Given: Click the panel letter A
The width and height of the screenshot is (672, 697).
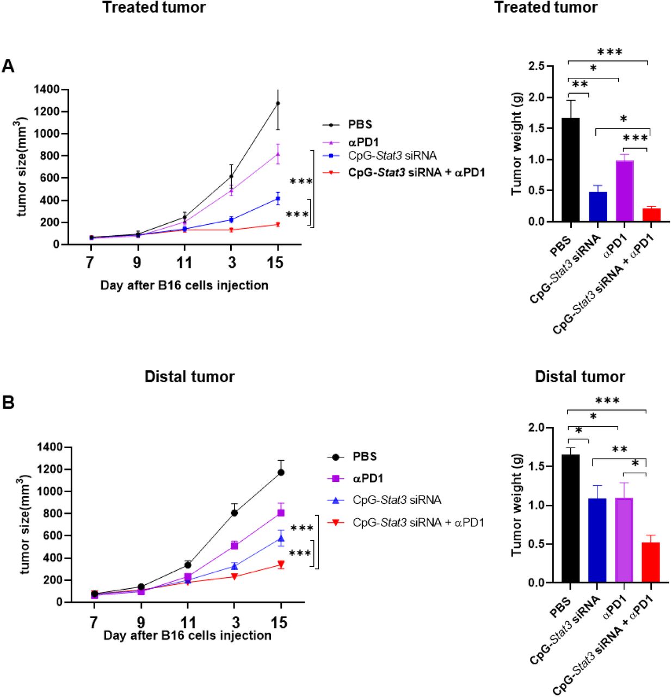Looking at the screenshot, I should click(x=8, y=66).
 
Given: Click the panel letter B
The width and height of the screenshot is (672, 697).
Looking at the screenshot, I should click(x=8, y=402).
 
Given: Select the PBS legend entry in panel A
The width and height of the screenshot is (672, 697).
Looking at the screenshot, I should click(x=360, y=125).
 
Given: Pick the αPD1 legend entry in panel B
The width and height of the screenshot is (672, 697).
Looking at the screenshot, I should click(x=368, y=478).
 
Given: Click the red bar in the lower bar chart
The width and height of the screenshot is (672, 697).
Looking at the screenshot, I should click(x=651, y=563).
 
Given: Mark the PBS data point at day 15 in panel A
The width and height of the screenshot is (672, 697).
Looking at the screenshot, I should click(x=278, y=103).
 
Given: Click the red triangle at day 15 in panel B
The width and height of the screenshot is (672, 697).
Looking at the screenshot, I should click(x=281, y=565).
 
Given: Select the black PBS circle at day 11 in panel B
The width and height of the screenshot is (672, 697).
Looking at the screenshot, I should click(x=188, y=565).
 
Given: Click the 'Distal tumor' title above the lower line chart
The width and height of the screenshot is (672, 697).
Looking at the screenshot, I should click(x=189, y=377).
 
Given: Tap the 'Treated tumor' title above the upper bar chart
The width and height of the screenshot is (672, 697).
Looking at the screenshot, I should click(x=545, y=8).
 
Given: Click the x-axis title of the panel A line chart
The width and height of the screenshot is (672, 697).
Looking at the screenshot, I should click(x=184, y=285).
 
